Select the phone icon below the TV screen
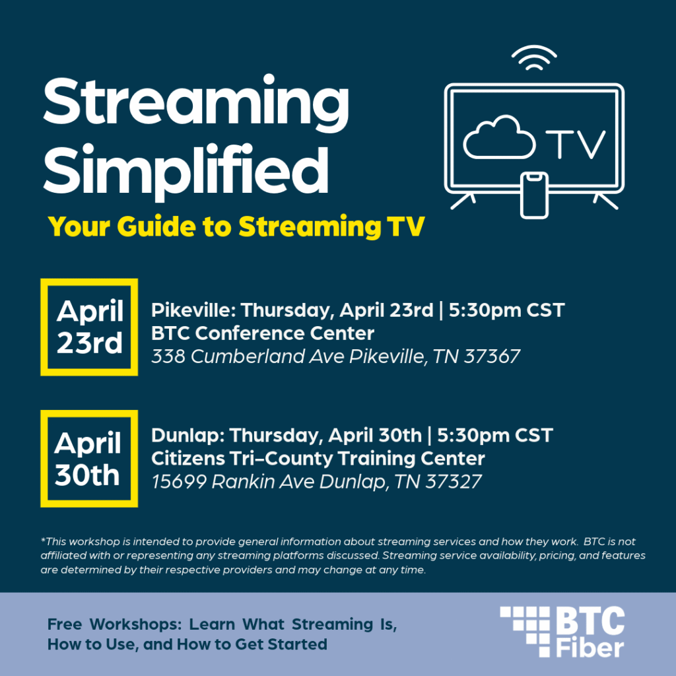click(x=534, y=195)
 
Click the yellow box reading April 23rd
click(x=89, y=327)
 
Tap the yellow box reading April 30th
click(x=89, y=459)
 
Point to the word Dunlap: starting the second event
click(x=187, y=436)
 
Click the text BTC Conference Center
click(x=263, y=333)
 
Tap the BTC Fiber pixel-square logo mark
click(x=525, y=631)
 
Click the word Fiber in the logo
click(x=589, y=648)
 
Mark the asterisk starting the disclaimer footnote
click(x=43, y=541)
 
